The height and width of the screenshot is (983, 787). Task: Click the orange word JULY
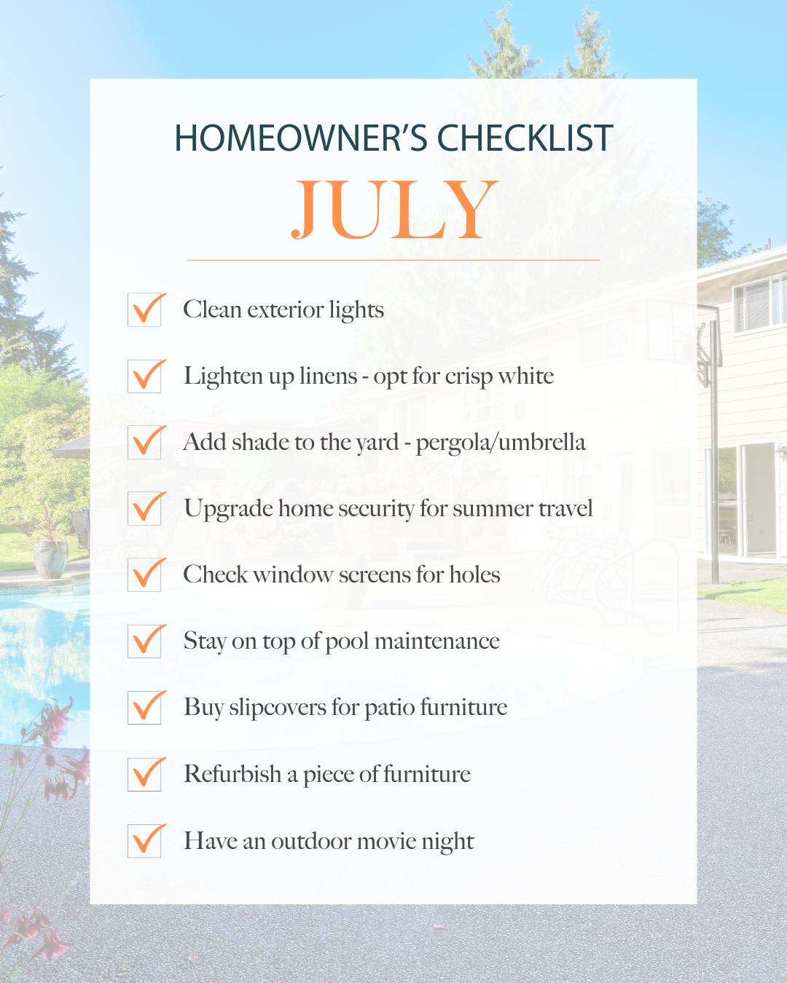[393, 210]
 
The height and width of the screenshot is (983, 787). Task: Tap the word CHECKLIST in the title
[525, 138]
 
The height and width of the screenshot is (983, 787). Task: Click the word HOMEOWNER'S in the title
[301, 138]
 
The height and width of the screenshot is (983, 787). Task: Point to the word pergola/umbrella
[501, 443]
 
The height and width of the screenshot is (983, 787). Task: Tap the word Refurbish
[232, 774]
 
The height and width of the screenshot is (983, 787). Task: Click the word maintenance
[437, 641]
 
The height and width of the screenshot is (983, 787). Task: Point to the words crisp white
[499, 377]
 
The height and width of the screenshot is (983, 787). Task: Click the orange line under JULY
[393, 260]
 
